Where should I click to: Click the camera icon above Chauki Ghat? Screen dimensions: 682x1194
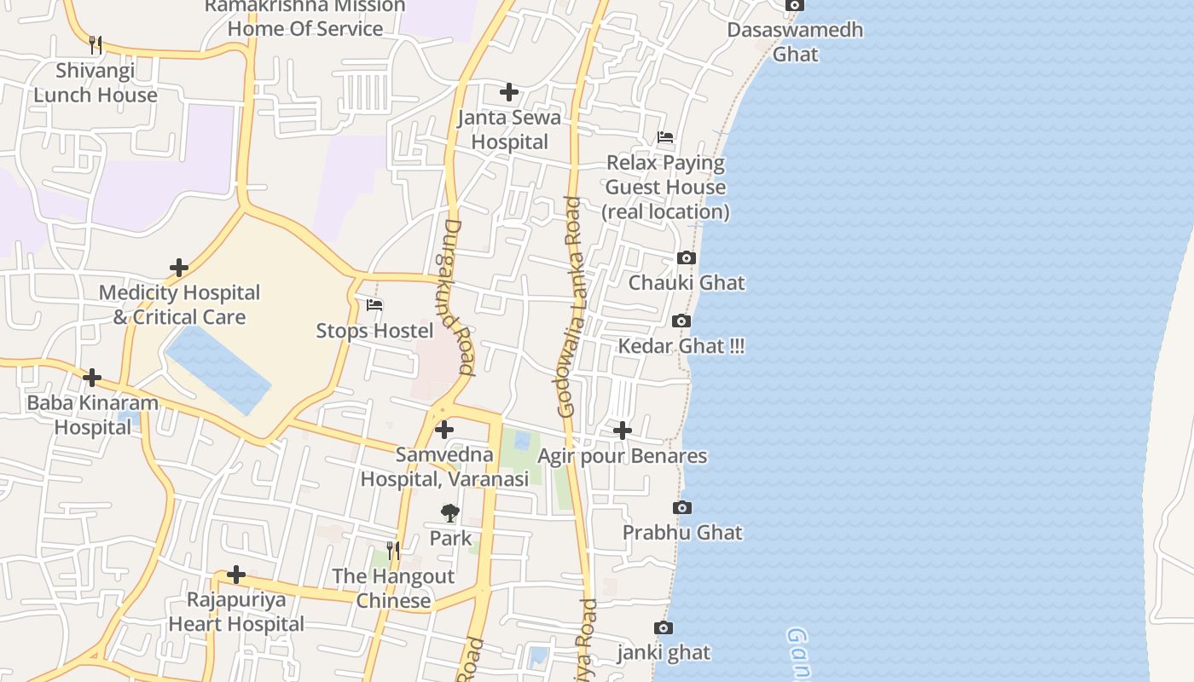pos(686,257)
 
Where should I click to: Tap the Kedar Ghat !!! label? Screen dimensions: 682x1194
pos(681,346)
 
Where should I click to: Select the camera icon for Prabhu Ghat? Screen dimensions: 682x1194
pos(682,507)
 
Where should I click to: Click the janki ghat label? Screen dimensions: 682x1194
pos(664,653)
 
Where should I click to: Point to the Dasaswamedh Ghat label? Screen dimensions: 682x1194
pos(795,42)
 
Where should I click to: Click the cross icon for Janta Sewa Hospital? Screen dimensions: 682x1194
pos(509,92)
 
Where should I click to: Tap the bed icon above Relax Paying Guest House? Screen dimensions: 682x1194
pos(665,137)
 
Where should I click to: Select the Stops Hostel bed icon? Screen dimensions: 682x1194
pos(374,305)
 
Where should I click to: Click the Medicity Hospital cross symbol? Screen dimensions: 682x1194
pos(178,268)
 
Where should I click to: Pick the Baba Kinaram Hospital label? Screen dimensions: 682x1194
pos(93,415)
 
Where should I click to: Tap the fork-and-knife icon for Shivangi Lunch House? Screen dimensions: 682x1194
pos(96,44)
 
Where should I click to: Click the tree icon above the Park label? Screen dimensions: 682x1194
pos(449,513)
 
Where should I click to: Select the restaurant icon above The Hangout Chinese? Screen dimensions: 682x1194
pos(392,551)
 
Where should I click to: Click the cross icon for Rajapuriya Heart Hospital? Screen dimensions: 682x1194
pos(236,575)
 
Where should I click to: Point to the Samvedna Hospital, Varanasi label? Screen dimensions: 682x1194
pos(444,466)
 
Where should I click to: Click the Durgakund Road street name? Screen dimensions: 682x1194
pos(458,298)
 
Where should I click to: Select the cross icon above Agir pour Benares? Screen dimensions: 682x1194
pos(623,431)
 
